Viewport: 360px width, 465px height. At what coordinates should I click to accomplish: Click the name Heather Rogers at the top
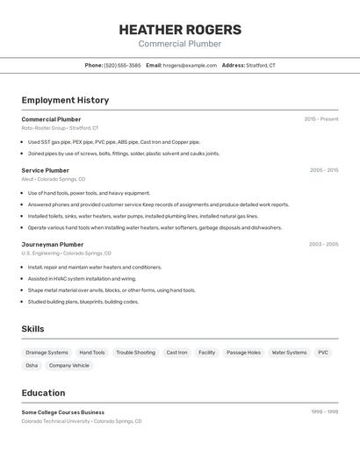click(180, 30)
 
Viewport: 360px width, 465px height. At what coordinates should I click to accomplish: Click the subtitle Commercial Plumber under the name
click(180, 44)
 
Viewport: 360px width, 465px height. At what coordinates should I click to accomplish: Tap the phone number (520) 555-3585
click(122, 65)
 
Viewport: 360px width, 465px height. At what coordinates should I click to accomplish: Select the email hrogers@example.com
click(190, 65)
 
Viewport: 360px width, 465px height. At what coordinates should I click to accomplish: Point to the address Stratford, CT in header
click(260, 65)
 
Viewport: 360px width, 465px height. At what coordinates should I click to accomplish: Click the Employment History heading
click(65, 100)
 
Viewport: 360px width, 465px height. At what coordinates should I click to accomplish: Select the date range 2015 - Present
click(320, 119)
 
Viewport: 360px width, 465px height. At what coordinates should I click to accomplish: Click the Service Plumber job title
click(46, 170)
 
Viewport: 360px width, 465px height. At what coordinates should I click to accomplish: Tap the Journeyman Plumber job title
click(53, 245)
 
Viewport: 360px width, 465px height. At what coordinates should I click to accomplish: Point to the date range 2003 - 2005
click(323, 245)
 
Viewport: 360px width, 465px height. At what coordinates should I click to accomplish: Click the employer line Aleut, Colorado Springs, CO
click(54, 179)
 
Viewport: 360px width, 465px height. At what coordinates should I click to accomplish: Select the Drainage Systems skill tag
click(47, 352)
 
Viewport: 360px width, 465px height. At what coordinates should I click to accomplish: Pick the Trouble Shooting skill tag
click(135, 352)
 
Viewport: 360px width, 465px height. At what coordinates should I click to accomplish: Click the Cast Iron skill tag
click(176, 352)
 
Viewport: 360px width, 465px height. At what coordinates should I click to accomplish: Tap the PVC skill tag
click(323, 352)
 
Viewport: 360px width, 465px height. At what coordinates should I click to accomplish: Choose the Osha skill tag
click(32, 365)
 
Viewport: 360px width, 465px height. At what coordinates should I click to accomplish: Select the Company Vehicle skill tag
click(69, 365)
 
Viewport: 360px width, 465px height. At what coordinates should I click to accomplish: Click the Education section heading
click(43, 392)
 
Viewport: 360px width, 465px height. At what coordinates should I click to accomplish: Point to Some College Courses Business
click(63, 412)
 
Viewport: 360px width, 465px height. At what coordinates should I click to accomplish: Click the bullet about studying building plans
click(83, 302)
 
